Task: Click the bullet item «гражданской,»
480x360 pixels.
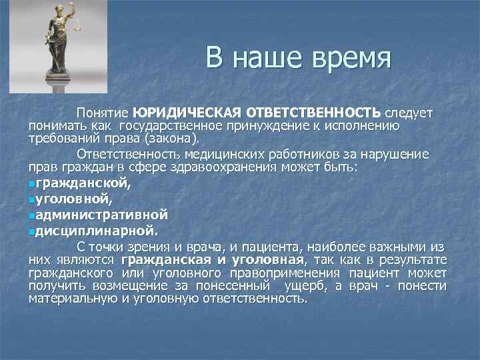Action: point(84,183)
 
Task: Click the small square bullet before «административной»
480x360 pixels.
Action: point(32,215)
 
